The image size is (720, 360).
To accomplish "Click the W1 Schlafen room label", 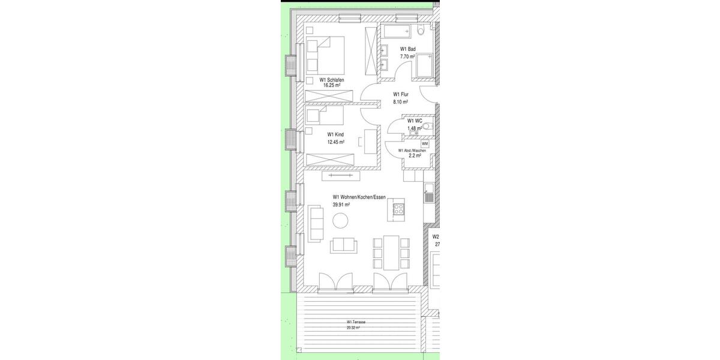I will coord(331,80).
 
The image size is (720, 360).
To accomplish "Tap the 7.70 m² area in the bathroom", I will coord(407,56).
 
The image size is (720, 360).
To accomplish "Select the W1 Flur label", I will coord(400,94).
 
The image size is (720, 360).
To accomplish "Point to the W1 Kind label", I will coord(335,135).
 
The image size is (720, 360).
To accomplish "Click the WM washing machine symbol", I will coord(425,144).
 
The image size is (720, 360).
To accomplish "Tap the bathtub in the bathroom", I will coord(397,31).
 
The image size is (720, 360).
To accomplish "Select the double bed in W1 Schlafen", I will coord(325,55).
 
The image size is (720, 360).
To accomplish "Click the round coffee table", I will coord(341,222).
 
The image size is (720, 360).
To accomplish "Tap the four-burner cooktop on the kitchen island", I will coord(398,209).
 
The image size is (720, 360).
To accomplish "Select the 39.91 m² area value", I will coord(341,205).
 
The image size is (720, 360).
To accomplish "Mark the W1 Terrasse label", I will coord(356,322).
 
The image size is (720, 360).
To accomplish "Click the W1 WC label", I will coord(415,121).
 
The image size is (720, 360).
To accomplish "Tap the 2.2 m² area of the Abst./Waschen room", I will coord(415,155).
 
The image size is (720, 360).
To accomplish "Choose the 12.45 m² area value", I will coord(335,142).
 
